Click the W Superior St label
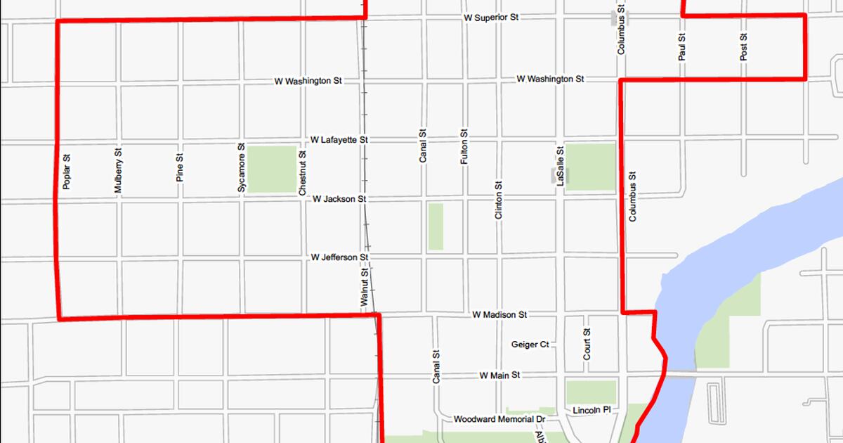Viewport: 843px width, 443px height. [491, 17]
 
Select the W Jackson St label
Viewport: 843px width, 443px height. [339, 199]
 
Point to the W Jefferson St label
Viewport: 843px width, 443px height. [339, 258]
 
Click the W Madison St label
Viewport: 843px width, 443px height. [499, 314]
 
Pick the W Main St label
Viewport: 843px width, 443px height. [499, 375]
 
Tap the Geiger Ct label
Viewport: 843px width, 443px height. [530, 345]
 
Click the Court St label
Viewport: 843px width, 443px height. [587, 345]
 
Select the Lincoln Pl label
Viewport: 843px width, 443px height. [592, 410]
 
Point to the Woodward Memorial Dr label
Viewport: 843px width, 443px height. [499, 419]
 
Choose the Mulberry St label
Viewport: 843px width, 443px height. [118, 170]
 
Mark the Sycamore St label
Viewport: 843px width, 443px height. [241, 168]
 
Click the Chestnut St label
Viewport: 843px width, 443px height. [302, 173]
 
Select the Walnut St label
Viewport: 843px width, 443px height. [364, 288]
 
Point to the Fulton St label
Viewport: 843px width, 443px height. [464, 147]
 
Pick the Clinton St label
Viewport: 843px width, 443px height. [499, 201]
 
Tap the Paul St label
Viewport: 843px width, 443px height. [682, 46]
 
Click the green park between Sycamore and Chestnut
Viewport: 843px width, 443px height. [272, 169]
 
